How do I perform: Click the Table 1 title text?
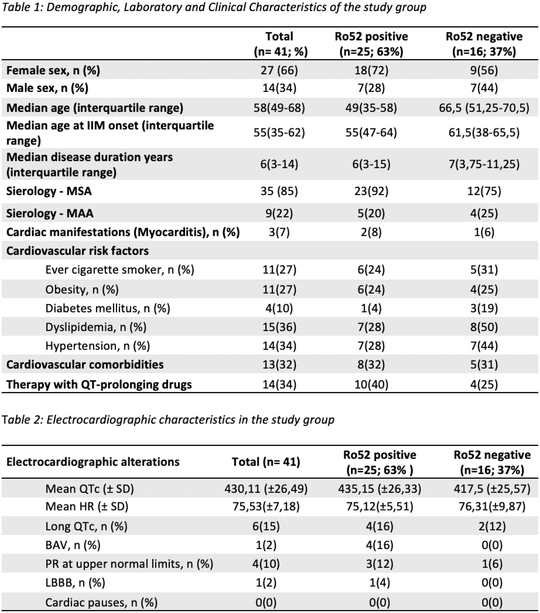pyautogui.click(x=214, y=7)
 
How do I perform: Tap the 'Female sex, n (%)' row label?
pyautogui.click(x=53, y=70)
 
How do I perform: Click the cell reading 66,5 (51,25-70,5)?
pyautogui.click(x=484, y=108)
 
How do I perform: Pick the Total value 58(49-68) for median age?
pyautogui.click(x=279, y=108)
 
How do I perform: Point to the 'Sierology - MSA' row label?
pyautogui.click(x=49, y=191)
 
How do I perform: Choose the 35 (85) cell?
pyautogui.click(x=279, y=191)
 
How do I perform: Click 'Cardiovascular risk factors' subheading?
pyautogui.click(x=77, y=251)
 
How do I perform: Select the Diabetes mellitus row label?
pyautogui.click(x=108, y=308)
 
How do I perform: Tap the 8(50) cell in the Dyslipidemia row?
pyautogui.click(x=484, y=327)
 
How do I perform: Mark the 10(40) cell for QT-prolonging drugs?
pyautogui.click(x=371, y=384)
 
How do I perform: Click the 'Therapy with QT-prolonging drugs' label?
pyautogui.click(x=99, y=384)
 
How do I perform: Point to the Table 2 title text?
pyautogui.click(x=168, y=420)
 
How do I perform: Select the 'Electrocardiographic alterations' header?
pyautogui.click(x=93, y=462)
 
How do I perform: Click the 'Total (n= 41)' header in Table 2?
pyautogui.click(x=266, y=462)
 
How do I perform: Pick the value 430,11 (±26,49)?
pyautogui.click(x=266, y=489)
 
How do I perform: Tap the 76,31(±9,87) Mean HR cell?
pyautogui.click(x=492, y=507)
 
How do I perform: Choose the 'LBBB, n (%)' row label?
pyautogui.click(x=75, y=583)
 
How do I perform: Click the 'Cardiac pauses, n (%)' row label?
pyautogui.click(x=101, y=602)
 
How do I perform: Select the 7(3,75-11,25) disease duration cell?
pyautogui.click(x=484, y=164)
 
